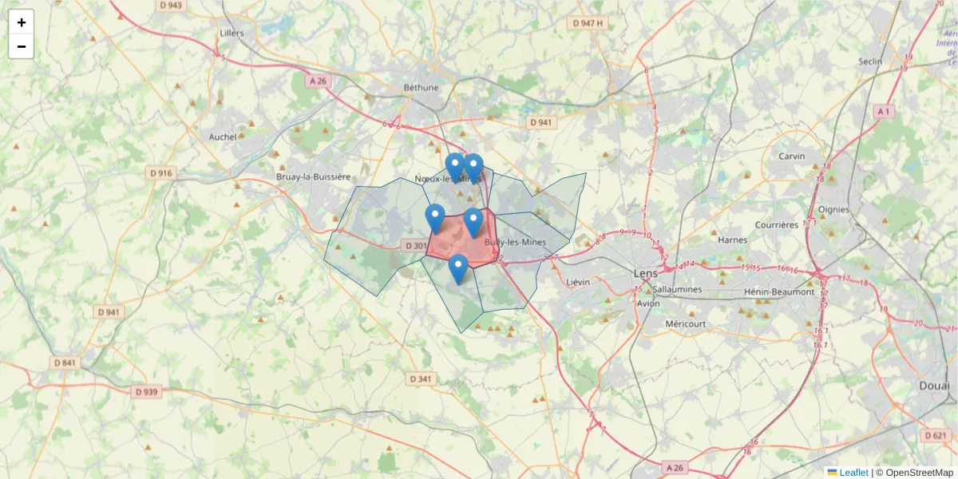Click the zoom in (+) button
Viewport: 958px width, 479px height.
click(x=22, y=22)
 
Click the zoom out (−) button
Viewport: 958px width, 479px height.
click(x=22, y=46)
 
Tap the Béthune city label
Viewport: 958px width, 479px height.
click(x=421, y=87)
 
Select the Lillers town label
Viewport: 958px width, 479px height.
click(x=231, y=34)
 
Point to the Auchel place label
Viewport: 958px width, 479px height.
click(x=223, y=137)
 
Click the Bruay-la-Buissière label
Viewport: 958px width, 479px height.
click(x=313, y=176)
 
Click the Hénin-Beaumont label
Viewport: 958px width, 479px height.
click(x=778, y=292)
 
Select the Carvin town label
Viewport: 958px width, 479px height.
click(x=792, y=156)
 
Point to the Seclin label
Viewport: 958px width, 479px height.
click(x=870, y=61)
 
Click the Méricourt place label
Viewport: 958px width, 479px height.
click(x=685, y=323)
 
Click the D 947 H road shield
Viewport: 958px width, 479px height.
click(x=588, y=23)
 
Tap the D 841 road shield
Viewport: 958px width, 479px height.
click(x=66, y=362)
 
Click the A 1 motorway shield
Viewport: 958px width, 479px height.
click(x=882, y=112)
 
